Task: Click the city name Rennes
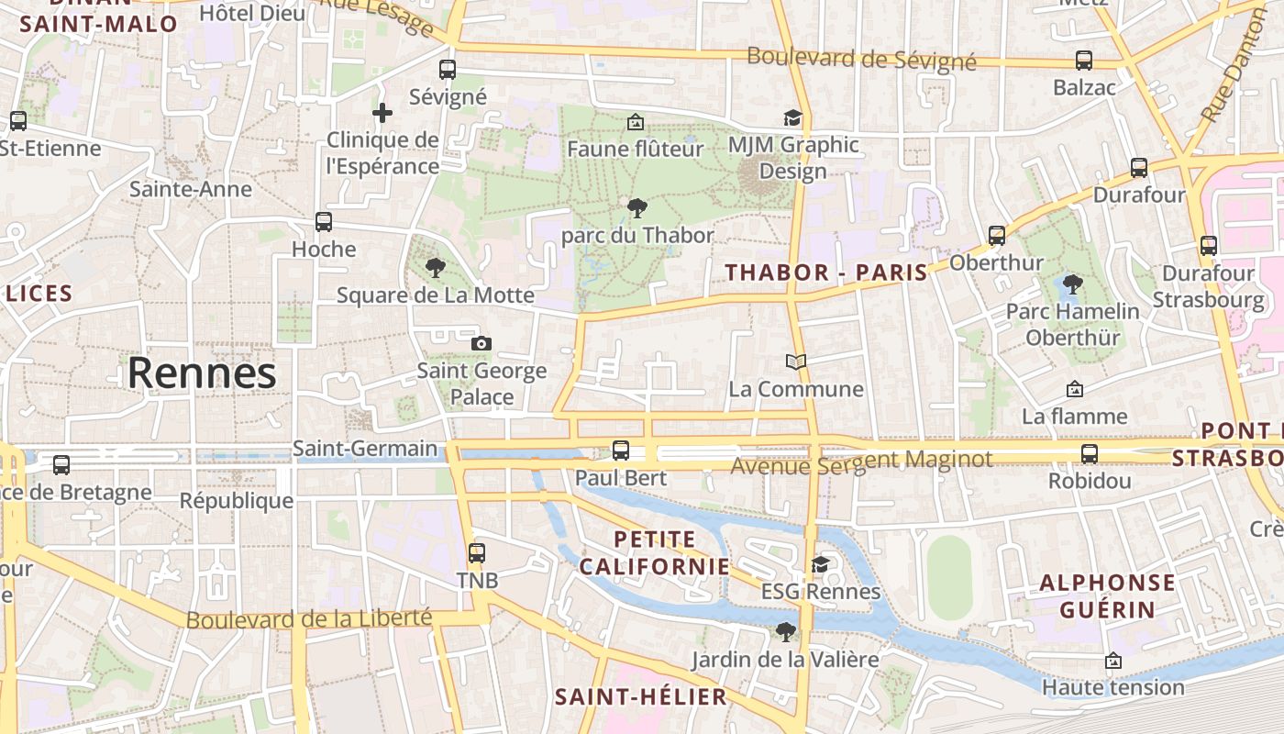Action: coord(202,373)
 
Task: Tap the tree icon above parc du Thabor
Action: coord(636,208)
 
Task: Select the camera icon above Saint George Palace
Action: coord(481,343)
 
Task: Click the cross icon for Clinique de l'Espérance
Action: coord(382,113)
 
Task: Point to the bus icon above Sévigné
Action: coord(448,69)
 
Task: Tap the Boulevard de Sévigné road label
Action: coord(861,59)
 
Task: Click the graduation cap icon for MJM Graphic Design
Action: coord(792,118)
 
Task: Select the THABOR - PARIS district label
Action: coord(826,272)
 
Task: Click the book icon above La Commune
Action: coord(796,362)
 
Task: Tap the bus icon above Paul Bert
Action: coord(621,450)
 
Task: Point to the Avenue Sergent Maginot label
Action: coord(861,462)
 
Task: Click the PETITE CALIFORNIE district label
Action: coord(655,552)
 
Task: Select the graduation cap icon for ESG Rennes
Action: coord(820,564)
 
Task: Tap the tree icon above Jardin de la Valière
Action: coord(785,631)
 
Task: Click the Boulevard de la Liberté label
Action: coord(309,619)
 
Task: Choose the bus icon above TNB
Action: coord(477,552)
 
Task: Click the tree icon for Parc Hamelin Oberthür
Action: coord(1072,284)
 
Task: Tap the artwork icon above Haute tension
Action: coord(1113,661)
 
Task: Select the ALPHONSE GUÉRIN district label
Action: coord(1108,595)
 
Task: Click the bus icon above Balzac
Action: coord(1084,61)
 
